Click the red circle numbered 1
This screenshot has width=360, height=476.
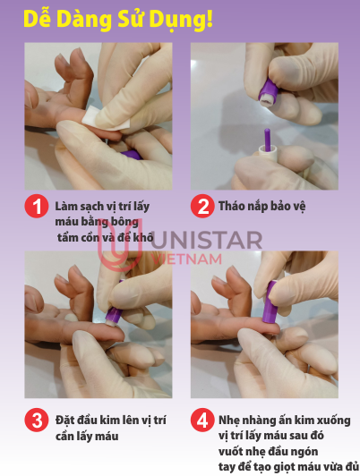click(37, 206)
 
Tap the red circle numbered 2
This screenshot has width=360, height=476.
click(202, 206)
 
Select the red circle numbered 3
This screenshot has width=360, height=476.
click(37, 421)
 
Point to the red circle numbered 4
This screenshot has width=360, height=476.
click(202, 421)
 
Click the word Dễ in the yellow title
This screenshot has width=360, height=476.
click(37, 19)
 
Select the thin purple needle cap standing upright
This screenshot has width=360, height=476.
click(268, 140)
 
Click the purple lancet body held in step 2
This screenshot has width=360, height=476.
click(269, 92)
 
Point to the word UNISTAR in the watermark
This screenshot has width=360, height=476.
click(206, 241)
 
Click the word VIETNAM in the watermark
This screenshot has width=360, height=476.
click(186, 259)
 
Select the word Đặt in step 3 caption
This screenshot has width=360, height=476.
click(65, 421)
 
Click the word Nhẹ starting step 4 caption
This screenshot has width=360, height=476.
click(228, 421)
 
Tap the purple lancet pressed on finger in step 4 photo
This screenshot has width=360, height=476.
click(270, 302)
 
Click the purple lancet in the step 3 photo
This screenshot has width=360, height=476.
click(115, 314)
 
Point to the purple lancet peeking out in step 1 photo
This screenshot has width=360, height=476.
click(132, 155)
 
